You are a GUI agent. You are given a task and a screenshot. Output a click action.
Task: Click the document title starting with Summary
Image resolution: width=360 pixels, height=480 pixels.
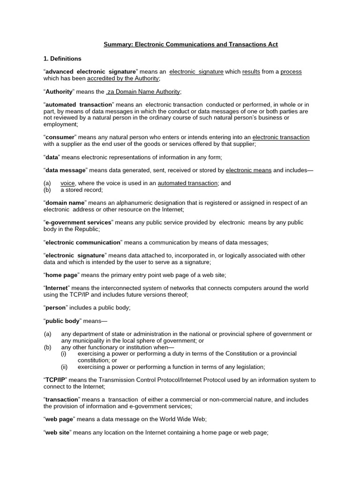pos(190,45)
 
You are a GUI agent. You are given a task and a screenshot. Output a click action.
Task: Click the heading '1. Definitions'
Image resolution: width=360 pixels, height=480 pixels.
pos(62,59)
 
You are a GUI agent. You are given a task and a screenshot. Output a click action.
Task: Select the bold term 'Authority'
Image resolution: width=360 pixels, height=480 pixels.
pos(59,91)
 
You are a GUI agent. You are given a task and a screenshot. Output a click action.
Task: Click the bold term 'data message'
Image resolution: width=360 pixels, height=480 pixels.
pos(66,170)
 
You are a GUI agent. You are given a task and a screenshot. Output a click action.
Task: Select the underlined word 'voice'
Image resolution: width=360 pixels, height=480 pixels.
pos(68,183)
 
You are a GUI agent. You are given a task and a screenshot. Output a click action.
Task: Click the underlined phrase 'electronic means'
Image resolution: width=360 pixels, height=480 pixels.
pos(248,170)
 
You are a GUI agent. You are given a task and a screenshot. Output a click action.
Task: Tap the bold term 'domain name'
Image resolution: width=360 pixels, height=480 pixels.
pos(66,203)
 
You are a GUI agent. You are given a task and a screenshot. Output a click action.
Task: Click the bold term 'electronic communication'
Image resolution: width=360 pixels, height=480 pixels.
pos(82,242)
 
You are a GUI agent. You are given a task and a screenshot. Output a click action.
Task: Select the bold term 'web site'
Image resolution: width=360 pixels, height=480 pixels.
pos(57,432)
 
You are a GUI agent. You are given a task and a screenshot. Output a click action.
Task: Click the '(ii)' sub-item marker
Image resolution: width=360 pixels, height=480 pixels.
pos(64,367)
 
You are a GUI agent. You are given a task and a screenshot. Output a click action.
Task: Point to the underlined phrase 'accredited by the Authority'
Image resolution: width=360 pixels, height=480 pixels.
pos(123,78)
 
